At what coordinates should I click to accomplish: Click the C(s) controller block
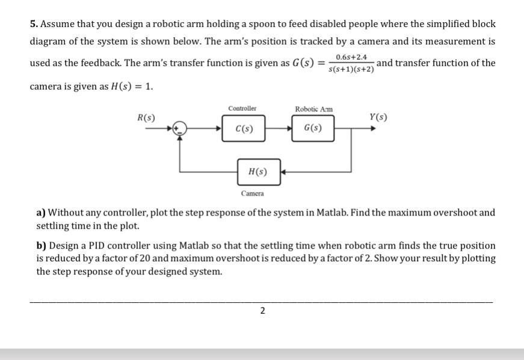point(244,128)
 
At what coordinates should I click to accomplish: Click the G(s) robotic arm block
point(313,128)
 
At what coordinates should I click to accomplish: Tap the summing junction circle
point(179,128)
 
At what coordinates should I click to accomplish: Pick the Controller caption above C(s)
point(242,108)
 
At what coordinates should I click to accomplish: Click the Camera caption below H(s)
point(252,194)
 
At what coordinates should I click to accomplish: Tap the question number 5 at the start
point(33,24)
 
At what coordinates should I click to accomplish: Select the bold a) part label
point(41,213)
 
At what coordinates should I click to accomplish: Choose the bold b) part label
point(42,246)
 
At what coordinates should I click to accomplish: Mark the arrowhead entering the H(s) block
point(281,172)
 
